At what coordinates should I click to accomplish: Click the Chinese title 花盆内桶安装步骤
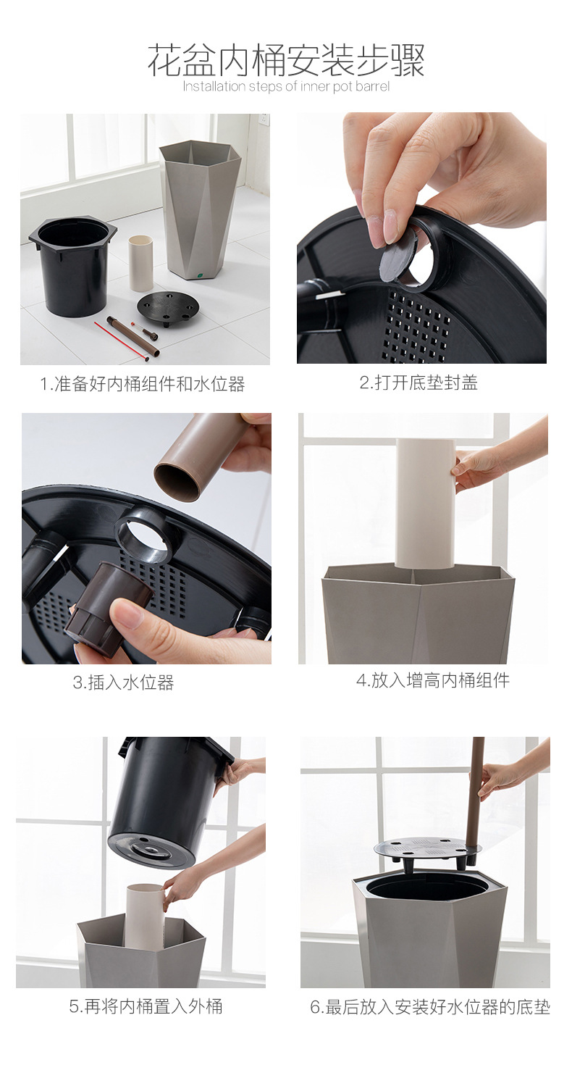pos(286,61)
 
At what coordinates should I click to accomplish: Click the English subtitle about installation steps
pos(286,87)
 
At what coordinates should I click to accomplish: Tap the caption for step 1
pos(143,384)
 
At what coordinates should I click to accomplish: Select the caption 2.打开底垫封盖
pos(419,383)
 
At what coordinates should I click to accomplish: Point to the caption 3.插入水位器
pos(123,682)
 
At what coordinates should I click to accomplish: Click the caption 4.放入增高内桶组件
pos(432,680)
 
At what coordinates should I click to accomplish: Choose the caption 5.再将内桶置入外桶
pos(146,1006)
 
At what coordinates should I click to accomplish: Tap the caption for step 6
pos(430,1007)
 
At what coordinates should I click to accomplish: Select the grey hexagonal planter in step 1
pos(200,206)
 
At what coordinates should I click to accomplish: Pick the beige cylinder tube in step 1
pos(141,262)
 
